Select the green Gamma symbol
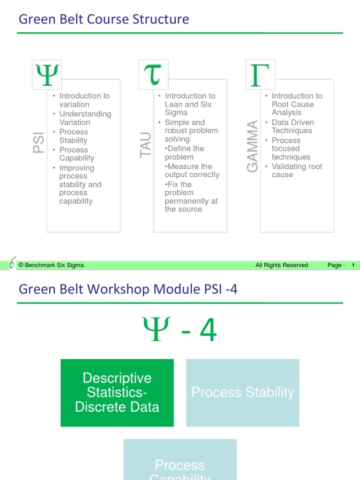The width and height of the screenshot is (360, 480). pyautogui.click(x=260, y=75)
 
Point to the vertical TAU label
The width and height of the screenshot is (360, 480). pyautogui.click(x=146, y=144)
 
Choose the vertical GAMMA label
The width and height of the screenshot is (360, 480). pyautogui.click(x=253, y=146)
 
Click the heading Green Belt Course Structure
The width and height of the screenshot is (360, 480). pyautogui.click(x=104, y=19)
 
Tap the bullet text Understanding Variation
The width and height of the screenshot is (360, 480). pyautogui.click(x=85, y=118)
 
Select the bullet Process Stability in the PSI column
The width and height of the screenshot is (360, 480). pyautogui.click(x=74, y=136)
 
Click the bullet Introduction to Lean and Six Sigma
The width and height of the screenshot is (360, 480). pyautogui.click(x=189, y=104)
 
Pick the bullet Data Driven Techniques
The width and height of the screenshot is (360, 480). pyautogui.click(x=292, y=127)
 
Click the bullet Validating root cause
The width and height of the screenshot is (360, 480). pyautogui.click(x=297, y=171)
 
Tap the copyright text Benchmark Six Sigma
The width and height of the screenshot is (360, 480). pyautogui.click(x=52, y=265)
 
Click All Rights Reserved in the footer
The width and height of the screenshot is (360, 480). pyautogui.click(x=282, y=265)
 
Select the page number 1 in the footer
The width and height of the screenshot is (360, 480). pyautogui.click(x=353, y=265)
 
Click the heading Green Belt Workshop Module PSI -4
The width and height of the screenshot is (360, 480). pyautogui.click(x=128, y=289)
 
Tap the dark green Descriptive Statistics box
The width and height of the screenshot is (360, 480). pyautogui.click(x=117, y=393)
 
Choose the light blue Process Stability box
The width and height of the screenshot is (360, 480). pyautogui.click(x=243, y=393)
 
